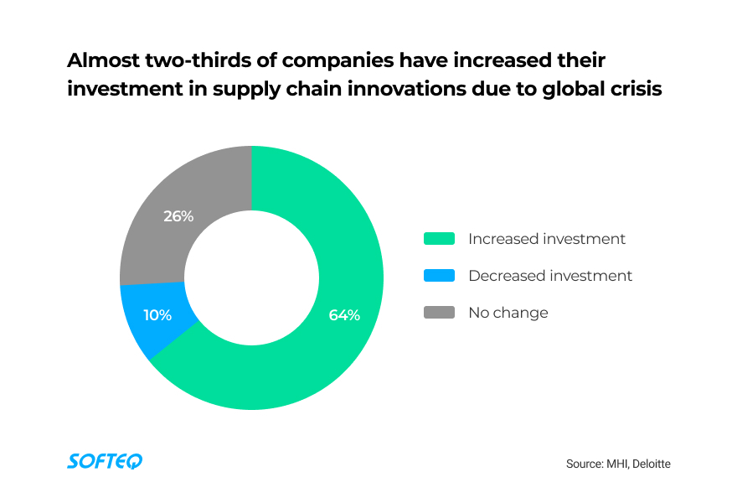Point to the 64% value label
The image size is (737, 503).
coord(344,315)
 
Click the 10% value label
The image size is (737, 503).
coord(157,315)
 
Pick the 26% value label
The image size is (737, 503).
coord(178,216)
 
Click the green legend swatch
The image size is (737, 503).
coord(439,239)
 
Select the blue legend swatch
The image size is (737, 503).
coord(439,276)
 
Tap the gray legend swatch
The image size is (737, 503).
coord(439,313)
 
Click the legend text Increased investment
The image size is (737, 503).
coord(547,239)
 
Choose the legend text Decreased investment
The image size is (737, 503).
coord(550,276)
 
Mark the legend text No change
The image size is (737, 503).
coord(508,313)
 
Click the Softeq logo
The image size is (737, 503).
coord(105,461)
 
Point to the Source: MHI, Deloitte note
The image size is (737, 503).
coord(618,463)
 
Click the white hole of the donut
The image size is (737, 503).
coord(251,277)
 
